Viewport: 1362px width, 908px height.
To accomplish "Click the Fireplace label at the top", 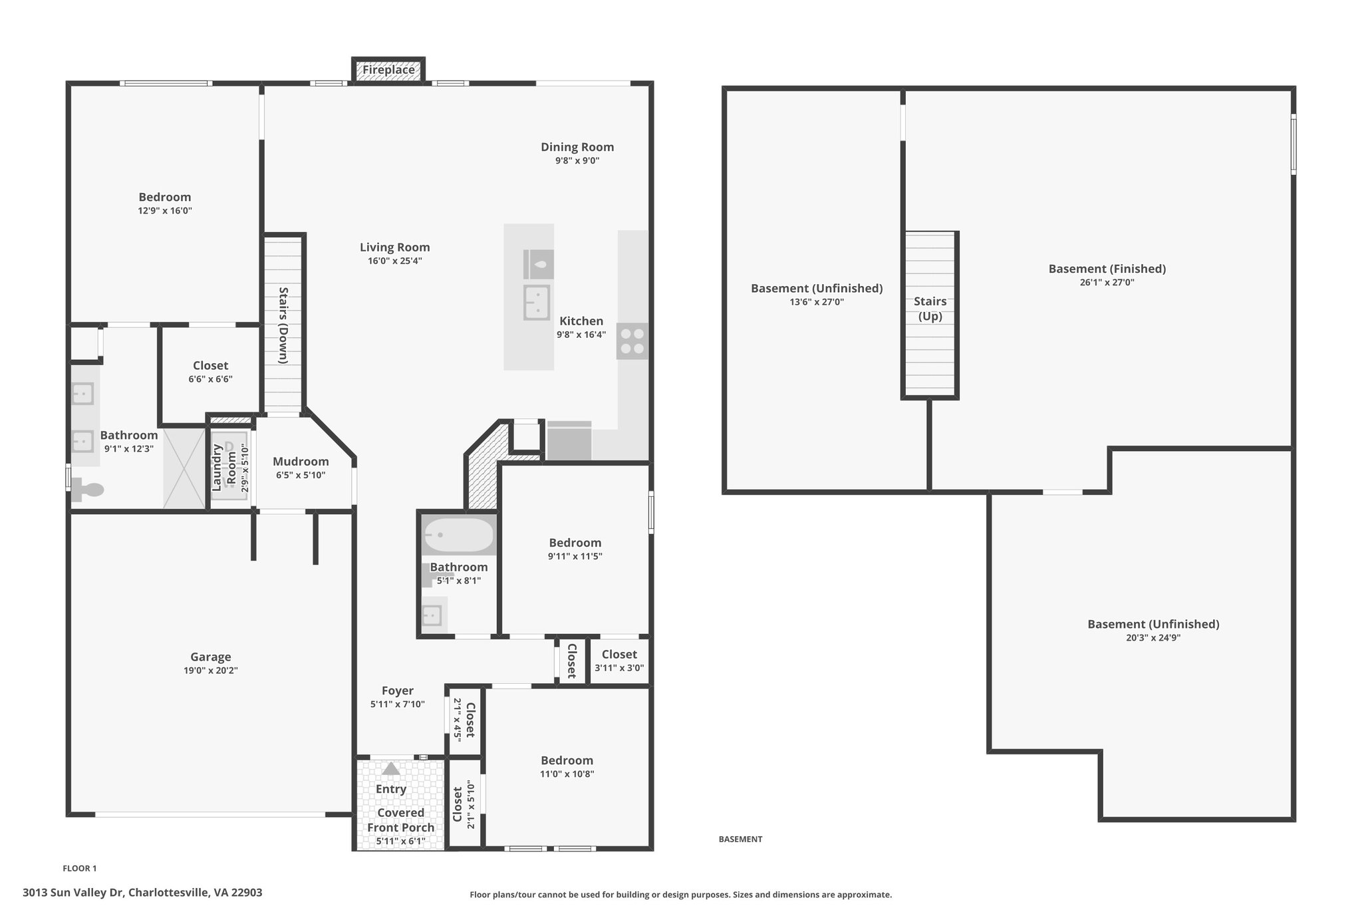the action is coord(388,70).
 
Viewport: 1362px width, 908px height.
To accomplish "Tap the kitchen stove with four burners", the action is coord(632,341).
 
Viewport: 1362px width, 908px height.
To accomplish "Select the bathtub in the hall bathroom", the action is coord(459,535).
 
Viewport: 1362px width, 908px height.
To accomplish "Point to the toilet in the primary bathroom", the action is coord(87,490).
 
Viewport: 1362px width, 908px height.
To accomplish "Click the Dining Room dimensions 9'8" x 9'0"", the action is coord(577,160).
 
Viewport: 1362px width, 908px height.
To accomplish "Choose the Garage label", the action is coord(211,657).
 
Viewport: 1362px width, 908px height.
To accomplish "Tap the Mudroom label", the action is coord(301,462).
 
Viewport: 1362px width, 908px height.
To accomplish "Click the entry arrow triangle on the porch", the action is coord(391,768).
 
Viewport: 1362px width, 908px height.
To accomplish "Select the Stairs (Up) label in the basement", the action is coord(930,309).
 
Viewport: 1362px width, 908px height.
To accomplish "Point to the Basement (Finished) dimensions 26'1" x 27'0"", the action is coord(1107,282).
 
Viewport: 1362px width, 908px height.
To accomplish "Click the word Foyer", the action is coord(398,691).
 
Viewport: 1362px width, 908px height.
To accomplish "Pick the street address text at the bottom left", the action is coord(142,893).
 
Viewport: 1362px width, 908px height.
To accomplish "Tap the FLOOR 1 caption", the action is coord(80,868).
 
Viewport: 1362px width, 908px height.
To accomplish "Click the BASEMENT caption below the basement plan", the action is coord(740,839).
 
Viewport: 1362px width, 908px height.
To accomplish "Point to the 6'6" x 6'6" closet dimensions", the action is coord(210,379).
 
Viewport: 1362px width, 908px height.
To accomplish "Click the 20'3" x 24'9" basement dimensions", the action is coord(1153,637).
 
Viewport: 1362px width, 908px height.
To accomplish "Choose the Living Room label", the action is coord(395,247).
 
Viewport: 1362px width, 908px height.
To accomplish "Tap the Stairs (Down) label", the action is coord(283,325).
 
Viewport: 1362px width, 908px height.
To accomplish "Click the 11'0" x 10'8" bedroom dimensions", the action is coord(567,774).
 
